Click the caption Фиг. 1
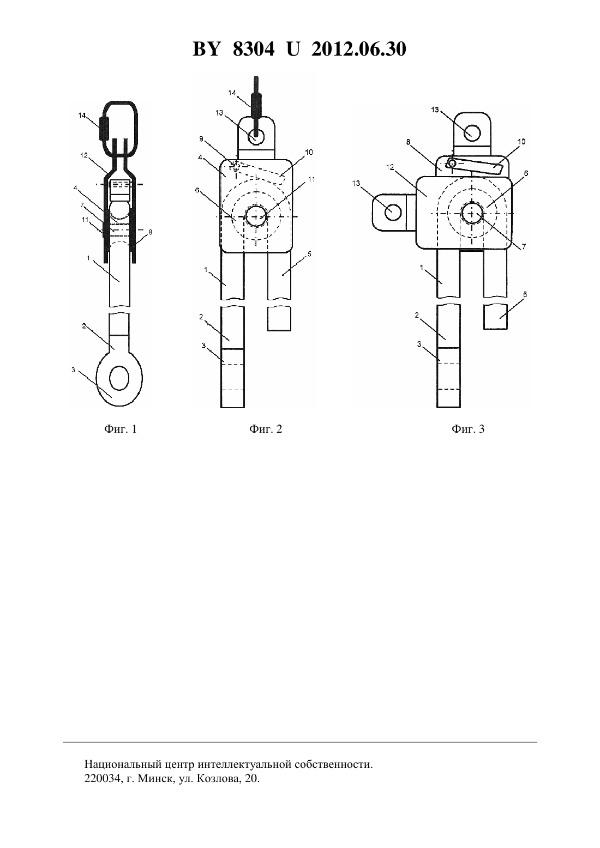point(120,429)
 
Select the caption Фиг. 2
point(266,429)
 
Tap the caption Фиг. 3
point(468,429)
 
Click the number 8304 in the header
point(254,49)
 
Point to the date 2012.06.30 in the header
point(359,49)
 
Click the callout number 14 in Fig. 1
point(82,116)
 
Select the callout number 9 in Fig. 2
point(201,139)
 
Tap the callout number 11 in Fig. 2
point(311,179)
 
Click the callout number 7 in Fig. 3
point(524,246)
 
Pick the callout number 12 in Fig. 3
point(390,167)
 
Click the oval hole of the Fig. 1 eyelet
point(119,378)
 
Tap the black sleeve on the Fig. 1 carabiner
point(104,128)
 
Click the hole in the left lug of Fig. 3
point(393,212)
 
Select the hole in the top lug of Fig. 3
point(472,133)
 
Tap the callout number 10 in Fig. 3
point(521,142)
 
